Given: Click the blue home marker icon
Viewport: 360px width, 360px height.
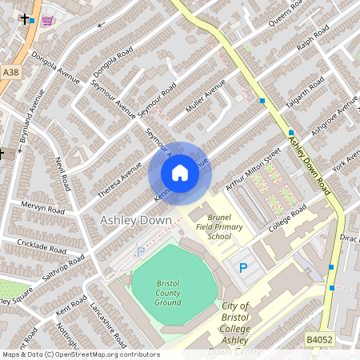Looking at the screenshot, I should pos(180,173).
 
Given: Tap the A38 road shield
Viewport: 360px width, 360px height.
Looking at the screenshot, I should pos(10,72).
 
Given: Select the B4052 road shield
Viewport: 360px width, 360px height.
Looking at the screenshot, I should pos(319,340).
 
